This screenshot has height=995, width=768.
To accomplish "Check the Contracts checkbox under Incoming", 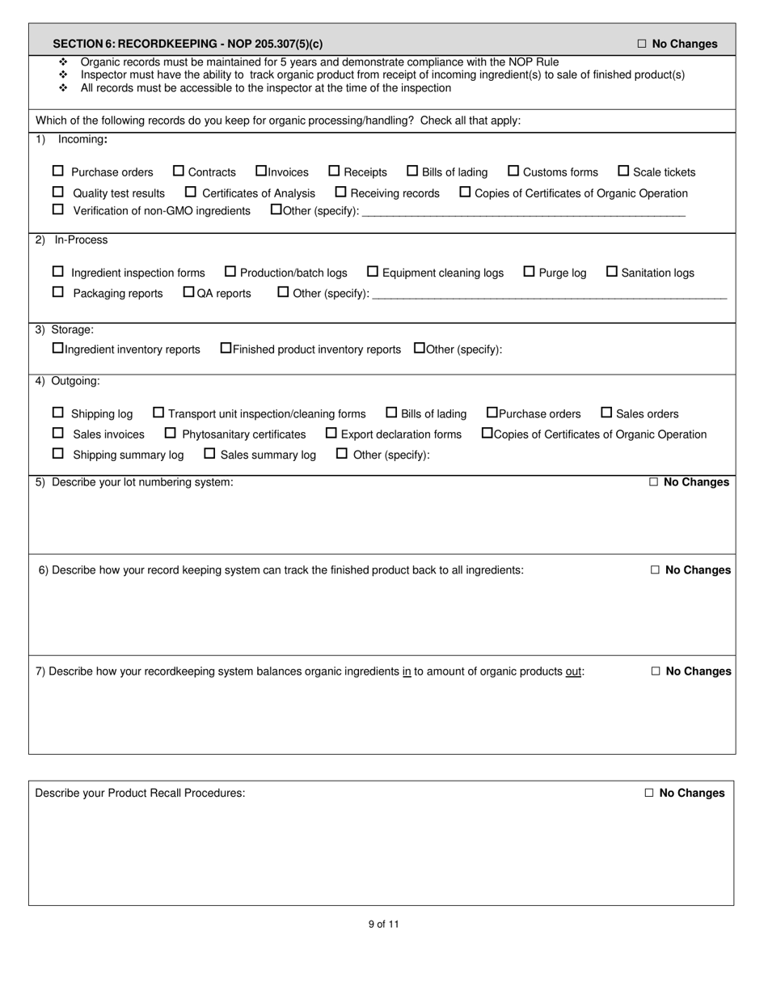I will [x=179, y=171].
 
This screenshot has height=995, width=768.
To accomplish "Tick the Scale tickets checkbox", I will [x=623, y=171].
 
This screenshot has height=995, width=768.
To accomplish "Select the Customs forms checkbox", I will [x=513, y=171].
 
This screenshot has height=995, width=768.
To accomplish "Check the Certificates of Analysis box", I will [x=191, y=193].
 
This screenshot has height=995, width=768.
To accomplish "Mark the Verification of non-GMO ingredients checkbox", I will [x=57, y=210].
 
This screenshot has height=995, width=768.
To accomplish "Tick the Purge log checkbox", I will [x=530, y=272].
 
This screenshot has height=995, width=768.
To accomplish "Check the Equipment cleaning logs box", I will [x=373, y=272].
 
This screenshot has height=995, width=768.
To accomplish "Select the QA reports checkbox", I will [x=189, y=292].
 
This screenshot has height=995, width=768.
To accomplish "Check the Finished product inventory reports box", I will [x=226, y=349].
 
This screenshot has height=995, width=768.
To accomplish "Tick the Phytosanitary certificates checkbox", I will [x=170, y=434].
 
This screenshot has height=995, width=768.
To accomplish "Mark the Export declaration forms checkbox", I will [x=331, y=434].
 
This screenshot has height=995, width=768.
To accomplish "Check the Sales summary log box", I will [x=209, y=454].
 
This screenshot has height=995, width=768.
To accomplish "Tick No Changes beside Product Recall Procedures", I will [x=649, y=794].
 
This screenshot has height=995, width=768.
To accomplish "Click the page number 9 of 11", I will [x=383, y=924].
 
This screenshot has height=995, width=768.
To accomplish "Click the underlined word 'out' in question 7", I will [x=573, y=671].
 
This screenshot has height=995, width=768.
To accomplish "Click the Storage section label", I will [x=72, y=330].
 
